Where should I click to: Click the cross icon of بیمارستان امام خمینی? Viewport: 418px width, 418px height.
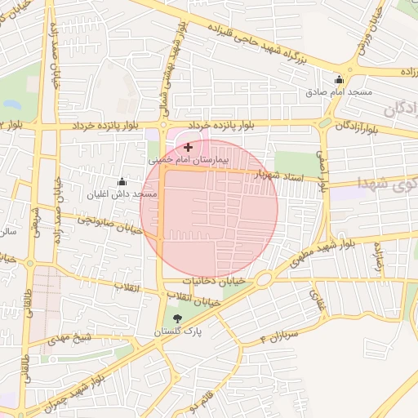point(189,147)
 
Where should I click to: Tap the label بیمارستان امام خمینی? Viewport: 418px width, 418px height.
point(189,161)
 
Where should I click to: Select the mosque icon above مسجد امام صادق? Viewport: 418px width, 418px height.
point(340,79)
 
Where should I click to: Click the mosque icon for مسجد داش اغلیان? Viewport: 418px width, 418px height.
point(122,181)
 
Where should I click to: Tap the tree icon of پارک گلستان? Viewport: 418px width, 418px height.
point(178,318)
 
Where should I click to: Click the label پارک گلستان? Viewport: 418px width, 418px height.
point(180,333)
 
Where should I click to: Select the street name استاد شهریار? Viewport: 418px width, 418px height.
point(280,176)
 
